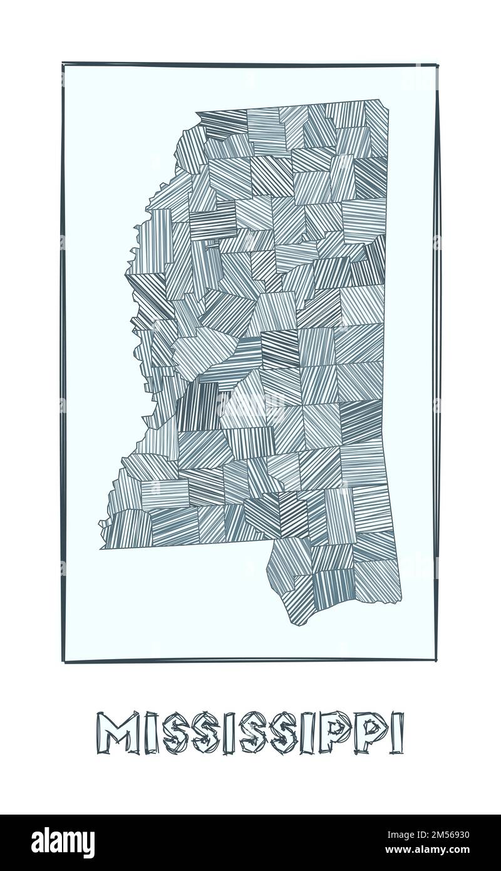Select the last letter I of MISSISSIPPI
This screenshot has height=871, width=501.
[396, 733]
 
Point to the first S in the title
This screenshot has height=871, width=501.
[177, 733]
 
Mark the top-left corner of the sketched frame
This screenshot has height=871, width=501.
[63, 63]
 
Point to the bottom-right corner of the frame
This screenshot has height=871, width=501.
[436, 660]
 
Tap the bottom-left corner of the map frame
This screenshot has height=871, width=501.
[64, 660]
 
